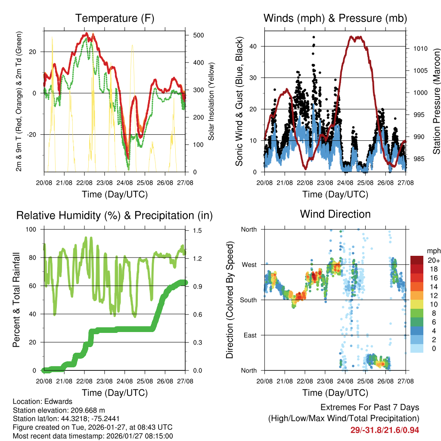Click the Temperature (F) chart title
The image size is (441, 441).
click(x=115, y=18)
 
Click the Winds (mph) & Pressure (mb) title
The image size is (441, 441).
click(x=335, y=18)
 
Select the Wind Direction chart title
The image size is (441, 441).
click(x=335, y=214)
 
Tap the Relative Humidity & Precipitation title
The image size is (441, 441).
click(x=115, y=215)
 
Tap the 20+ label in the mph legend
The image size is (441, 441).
click(x=432, y=260)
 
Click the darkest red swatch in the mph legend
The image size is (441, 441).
click(x=417, y=260)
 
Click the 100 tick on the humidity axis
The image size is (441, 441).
click(x=34, y=229)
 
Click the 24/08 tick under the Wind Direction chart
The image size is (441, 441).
click(x=345, y=381)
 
